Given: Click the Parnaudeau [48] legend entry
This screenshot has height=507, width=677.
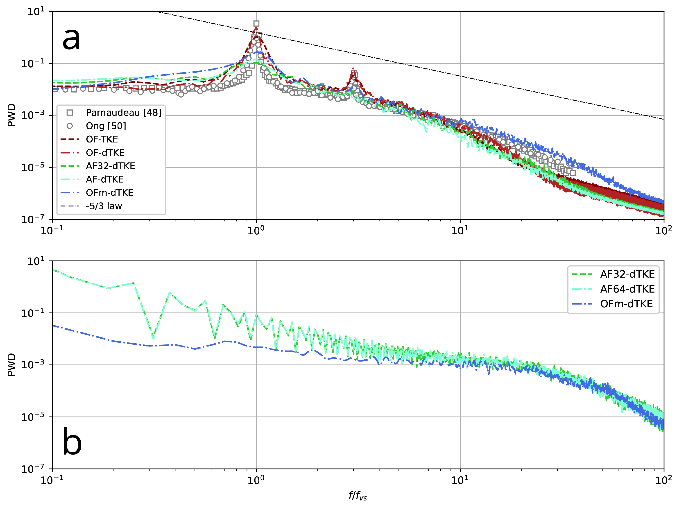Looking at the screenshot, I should click(x=123, y=113).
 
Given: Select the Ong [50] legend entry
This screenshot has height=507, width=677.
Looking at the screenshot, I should click(x=106, y=126).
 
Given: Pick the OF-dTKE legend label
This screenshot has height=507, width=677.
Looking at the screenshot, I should click(x=105, y=153).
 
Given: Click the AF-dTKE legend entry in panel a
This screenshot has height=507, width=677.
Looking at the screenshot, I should click(x=105, y=179).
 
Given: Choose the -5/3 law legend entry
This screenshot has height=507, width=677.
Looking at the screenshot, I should click(x=104, y=206).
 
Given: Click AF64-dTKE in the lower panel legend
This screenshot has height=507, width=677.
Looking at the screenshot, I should click(x=627, y=289).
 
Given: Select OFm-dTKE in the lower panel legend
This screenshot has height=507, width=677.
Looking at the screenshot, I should click(x=626, y=304).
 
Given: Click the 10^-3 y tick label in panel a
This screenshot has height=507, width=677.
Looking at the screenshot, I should click(x=33, y=115).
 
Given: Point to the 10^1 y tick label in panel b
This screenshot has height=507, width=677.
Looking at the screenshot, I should click(x=36, y=261).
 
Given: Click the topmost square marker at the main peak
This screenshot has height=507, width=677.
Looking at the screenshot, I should click(x=256, y=24).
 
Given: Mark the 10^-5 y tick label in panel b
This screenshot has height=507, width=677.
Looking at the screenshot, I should click(x=33, y=417).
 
